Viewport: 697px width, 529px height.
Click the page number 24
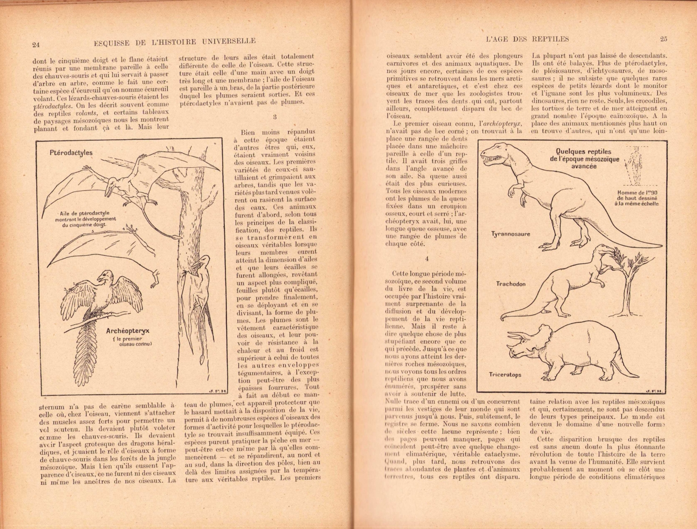tap(36, 45)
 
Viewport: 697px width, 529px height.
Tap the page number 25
tap(663, 39)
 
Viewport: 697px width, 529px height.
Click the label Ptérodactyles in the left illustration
tap(71, 152)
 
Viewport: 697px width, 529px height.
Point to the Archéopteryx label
tap(128, 331)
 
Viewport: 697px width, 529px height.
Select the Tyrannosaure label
tap(511, 234)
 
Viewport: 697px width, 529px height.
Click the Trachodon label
tap(511, 284)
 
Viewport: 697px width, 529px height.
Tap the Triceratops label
tap(505, 374)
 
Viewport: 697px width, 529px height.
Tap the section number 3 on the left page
tap(275, 117)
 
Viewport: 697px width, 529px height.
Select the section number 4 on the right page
tap(427, 259)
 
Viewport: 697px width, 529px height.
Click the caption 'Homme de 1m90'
tap(638, 193)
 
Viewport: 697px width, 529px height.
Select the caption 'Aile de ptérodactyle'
tap(85, 213)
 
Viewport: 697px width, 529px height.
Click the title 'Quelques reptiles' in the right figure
tap(584, 151)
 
